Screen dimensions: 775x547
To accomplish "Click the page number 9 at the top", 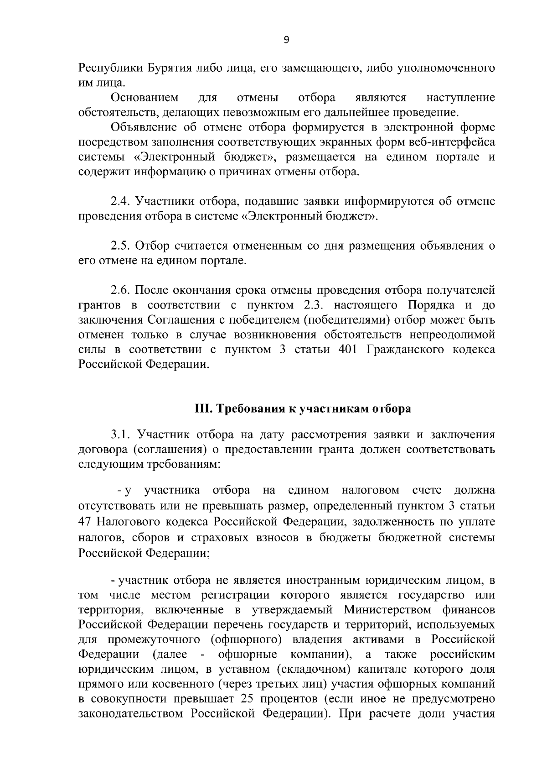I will tap(286, 40).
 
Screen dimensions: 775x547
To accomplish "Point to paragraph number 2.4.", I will tap(121, 202).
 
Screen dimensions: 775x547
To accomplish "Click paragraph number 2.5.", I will tap(121, 246).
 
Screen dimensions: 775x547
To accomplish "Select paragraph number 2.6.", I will tap(121, 291).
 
